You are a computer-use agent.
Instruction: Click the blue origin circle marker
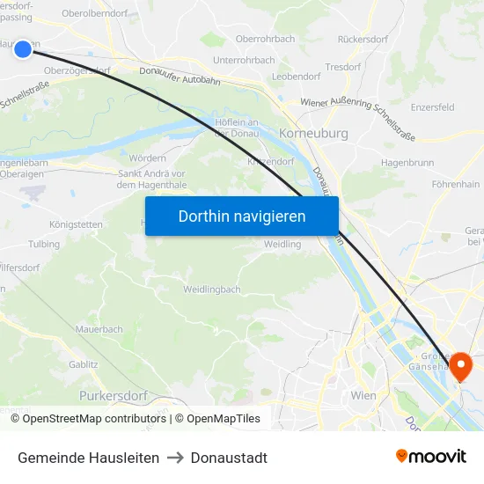[23, 49]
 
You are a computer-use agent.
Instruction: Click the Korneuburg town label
[313, 134]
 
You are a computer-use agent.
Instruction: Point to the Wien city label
[363, 396]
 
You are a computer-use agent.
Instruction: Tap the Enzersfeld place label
[432, 106]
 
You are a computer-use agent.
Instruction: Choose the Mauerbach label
[99, 330]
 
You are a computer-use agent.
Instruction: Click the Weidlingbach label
[212, 290]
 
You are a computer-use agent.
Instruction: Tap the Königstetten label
[76, 224]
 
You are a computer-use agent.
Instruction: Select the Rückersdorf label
[363, 40]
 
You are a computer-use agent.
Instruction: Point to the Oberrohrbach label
[266, 40]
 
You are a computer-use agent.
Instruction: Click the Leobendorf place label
[297, 77]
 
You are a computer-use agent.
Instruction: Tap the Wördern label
[147, 158]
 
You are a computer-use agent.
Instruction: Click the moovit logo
[431, 457]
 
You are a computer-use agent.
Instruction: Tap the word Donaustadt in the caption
[229, 458]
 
